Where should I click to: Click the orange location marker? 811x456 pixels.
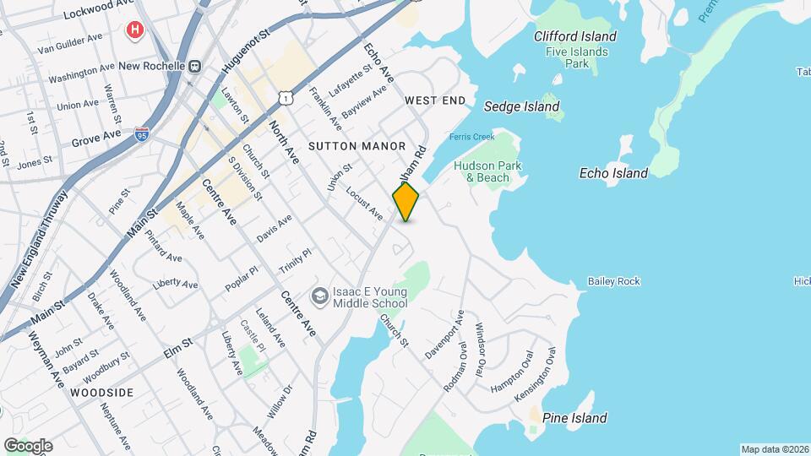[405, 202]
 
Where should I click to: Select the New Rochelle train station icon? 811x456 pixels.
[196, 65]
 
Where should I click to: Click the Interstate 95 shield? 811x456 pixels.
[142, 134]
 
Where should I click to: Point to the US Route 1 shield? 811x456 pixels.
[287, 99]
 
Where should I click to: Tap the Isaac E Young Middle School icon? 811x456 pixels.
[320, 296]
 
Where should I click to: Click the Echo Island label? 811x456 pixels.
[613, 173]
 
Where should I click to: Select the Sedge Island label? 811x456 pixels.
[521, 106]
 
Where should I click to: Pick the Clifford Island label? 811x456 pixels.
[575, 36]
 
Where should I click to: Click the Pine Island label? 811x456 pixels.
[574, 418]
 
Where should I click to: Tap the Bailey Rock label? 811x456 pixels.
[614, 281]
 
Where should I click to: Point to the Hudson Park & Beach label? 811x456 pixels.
[482, 171]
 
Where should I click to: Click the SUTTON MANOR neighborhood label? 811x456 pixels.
[357, 146]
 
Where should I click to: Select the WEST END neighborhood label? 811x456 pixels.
[435, 100]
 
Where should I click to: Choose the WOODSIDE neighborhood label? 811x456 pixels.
[102, 393]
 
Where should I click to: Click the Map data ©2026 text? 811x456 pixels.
[775, 449]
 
